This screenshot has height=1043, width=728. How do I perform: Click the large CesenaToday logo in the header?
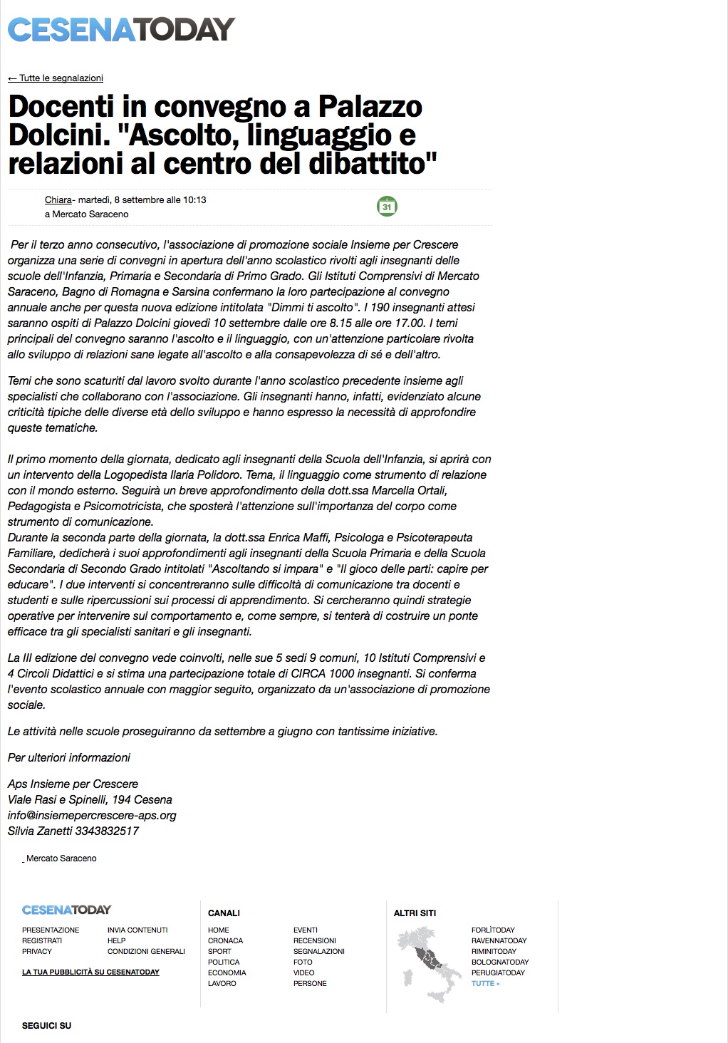click(121, 29)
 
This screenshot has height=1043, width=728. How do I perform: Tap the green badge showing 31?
click(387, 207)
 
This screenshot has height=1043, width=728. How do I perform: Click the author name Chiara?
click(58, 200)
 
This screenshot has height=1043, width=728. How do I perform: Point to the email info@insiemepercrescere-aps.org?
click(92, 815)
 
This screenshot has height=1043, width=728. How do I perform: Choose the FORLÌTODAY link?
click(493, 930)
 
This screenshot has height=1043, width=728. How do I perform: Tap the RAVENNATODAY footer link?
click(499, 940)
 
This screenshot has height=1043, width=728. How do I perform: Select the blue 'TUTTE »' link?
click(485, 983)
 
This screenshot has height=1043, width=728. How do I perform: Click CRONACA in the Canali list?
click(225, 940)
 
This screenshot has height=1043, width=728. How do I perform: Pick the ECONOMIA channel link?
click(227, 972)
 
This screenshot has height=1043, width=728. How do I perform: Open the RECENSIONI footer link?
click(314, 940)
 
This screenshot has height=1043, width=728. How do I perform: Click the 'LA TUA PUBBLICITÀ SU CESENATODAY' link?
click(90, 972)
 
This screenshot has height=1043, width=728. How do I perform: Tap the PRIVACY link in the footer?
click(37, 951)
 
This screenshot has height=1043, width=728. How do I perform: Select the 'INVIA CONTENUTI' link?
click(137, 930)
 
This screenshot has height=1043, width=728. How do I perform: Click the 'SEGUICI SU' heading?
click(46, 1026)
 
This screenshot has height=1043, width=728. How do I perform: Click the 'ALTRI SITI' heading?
click(415, 913)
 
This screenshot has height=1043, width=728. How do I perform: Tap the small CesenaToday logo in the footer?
click(66, 910)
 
